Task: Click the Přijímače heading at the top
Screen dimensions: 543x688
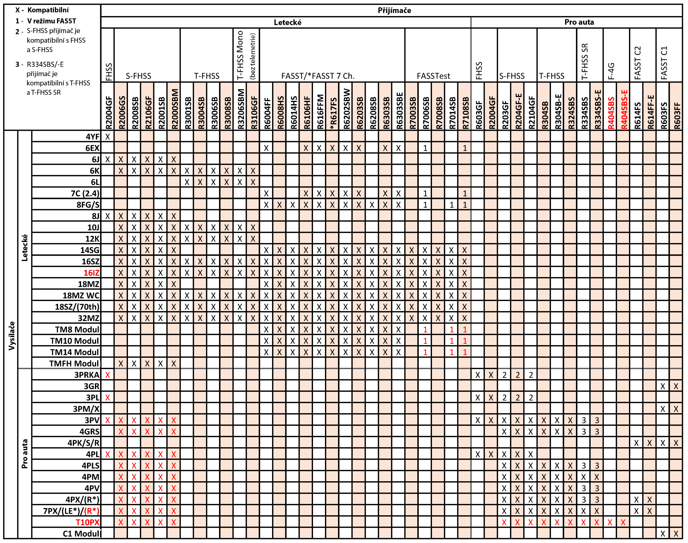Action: coord(394,10)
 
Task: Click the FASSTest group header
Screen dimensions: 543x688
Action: coord(433,76)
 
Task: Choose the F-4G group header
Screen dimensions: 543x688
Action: coord(611,71)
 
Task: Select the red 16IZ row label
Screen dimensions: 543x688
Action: coord(91,273)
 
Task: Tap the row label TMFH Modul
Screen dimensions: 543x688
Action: coord(74,363)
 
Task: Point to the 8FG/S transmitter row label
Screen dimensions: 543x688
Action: coord(88,205)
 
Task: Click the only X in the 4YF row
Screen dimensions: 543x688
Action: coord(107,137)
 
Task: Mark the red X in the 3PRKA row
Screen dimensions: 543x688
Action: coord(107,375)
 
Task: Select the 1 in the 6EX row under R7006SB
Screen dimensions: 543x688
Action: coord(425,148)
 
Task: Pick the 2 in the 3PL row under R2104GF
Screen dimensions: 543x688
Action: coord(531,397)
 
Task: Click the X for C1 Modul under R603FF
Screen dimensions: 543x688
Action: coord(676,534)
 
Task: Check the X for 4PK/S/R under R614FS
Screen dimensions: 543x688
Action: coord(636,443)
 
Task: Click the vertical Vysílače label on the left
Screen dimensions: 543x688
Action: coord(11,335)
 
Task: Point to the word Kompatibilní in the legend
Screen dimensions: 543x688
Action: coord(48,10)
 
